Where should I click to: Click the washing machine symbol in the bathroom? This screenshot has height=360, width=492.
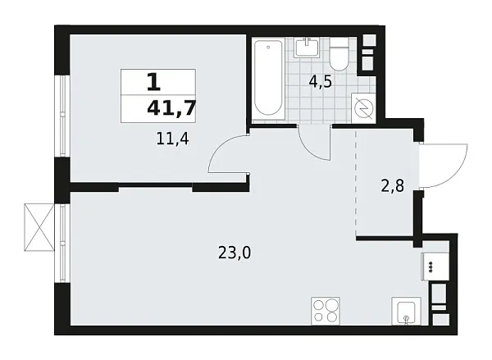(362, 105)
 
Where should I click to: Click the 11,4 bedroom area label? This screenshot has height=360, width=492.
(172, 139)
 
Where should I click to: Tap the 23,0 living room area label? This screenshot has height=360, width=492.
(235, 253)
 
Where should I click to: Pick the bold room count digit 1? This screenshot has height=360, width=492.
(153, 82)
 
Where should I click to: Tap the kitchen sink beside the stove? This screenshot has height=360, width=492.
(405, 312)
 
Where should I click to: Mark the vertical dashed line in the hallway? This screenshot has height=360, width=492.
(356, 185)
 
